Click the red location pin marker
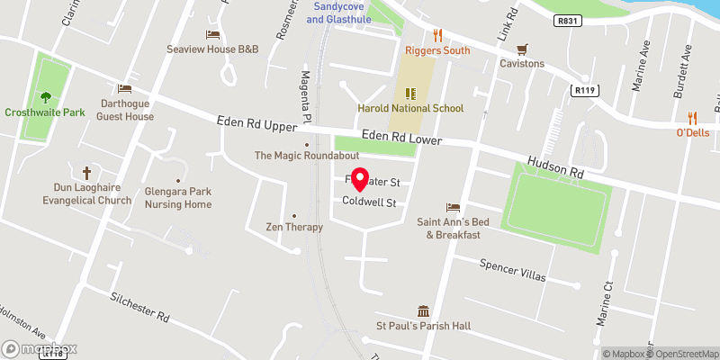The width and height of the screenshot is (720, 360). tap(359, 180)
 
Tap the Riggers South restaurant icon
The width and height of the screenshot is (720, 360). tap(438, 35)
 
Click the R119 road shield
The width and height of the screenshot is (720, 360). tap(584, 89)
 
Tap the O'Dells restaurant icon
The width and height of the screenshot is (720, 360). tap(692, 117)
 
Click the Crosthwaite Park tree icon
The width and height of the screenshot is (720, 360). tap(44, 97)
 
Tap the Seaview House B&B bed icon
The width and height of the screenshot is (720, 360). tap(212, 35)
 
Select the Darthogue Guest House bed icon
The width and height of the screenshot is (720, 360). tap(124, 89)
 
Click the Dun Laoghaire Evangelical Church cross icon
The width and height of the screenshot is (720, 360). tap(87, 172)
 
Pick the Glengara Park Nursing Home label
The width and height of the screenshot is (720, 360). tap(178, 198)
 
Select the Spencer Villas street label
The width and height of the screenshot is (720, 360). tap(513, 271)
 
